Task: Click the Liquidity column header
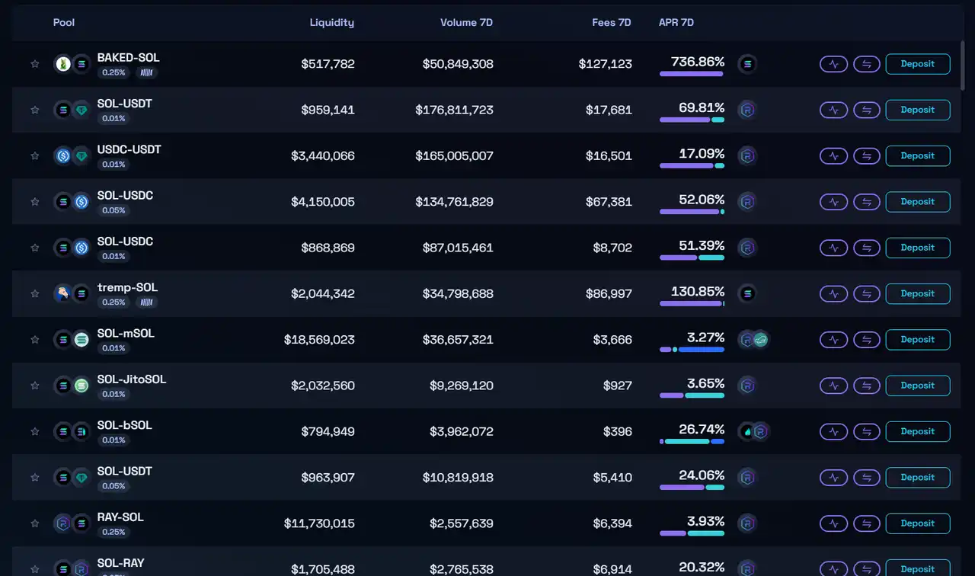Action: coord(331,22)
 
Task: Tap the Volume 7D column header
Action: coord(466,22)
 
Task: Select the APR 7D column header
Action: coord(676,22)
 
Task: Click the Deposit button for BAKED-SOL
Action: coord(917,64)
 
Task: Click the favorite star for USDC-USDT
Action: coord(34,156)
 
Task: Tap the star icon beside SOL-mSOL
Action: coord(34,340)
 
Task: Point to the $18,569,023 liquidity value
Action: coord(319,340)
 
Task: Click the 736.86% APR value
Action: coord(697,62)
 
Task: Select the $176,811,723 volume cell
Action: coord(454,110)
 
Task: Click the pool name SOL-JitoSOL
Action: coord(132,379)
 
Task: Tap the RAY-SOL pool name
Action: coord(120,517)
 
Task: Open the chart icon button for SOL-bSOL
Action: coord(833,431)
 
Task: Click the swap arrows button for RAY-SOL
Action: coord(866,523)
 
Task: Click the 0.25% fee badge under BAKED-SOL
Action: coord(113,72)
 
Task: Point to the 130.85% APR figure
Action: coord(697,291)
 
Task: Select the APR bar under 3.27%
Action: coord(692,350)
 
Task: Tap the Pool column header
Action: coord(64,22)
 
